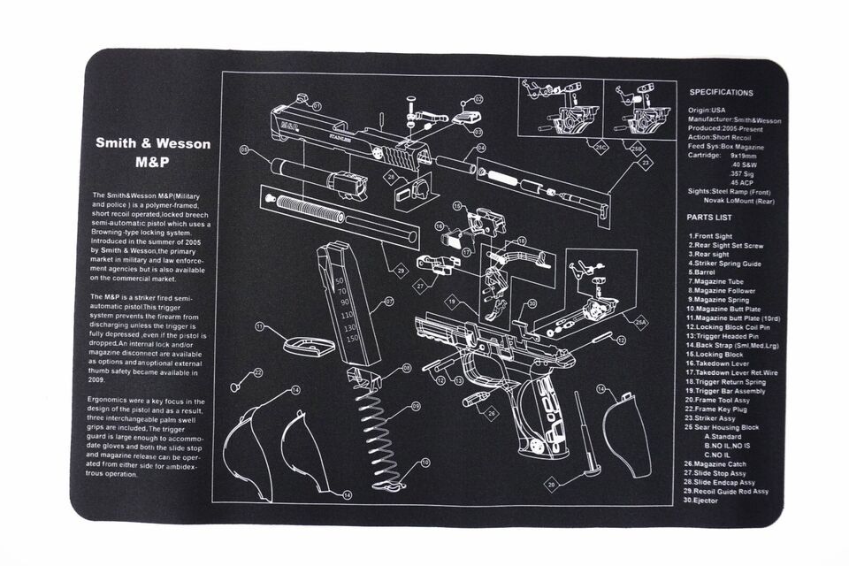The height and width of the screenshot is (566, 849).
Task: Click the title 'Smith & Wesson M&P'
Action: click(x=153, y=152)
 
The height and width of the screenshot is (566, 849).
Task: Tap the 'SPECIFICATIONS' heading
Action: click(x=721, y=92)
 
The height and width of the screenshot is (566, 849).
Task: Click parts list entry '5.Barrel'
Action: click(x=705, y=272)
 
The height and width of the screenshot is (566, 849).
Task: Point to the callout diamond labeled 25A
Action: click(x=640, y=325)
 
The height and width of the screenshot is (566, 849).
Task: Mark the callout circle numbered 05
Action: click(x=244, y=150)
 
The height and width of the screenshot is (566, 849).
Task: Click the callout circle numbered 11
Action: click(x=260, y=326)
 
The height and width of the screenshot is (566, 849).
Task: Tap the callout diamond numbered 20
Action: click(x=551, y=486)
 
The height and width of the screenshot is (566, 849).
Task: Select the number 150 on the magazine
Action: click(x=353, y=339)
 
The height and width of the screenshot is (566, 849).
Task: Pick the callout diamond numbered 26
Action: click(x=492, y=413)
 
